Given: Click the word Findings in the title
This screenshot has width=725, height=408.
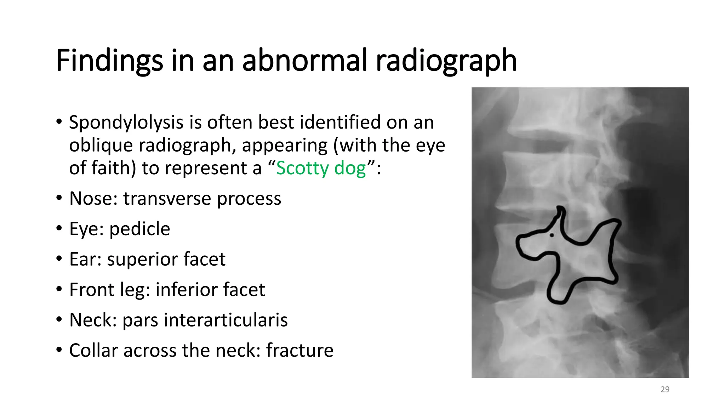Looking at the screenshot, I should point(109,61).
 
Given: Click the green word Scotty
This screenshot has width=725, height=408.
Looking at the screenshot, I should point(302,168).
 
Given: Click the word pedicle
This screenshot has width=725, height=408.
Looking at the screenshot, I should point(139,229).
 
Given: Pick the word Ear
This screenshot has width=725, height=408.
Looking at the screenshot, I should point(83,259).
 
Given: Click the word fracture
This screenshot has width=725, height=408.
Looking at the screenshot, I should point(299,351).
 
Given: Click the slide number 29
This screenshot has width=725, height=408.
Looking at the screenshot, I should point(665,390).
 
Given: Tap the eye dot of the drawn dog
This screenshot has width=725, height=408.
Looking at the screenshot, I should point(552,235).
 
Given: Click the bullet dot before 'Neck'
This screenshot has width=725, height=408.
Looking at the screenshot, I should point(59,320).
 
